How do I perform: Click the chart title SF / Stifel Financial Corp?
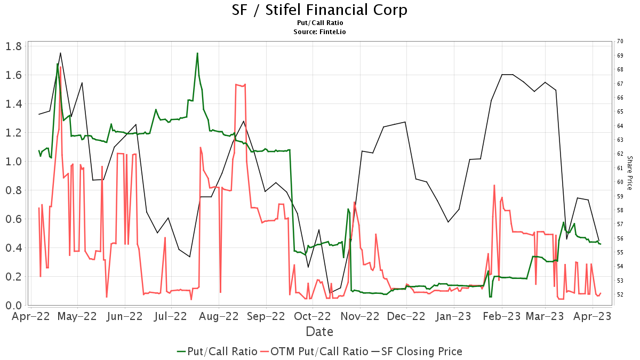coord(319,10)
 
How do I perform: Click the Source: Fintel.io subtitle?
coord(319,31)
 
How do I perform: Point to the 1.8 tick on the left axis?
coord(13,46)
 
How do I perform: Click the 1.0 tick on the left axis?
coord(13,162)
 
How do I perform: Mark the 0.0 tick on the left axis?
coord(13,305)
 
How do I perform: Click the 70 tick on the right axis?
coord(620,41)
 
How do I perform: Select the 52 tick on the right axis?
coord(620,294)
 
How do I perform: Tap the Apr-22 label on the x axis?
coord(30,316)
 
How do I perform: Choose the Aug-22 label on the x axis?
coord(219,316)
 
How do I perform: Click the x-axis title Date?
coord(319,332)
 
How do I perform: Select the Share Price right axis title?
coord(629,173)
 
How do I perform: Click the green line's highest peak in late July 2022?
coord(197,53)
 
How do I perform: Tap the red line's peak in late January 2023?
coord(494,185)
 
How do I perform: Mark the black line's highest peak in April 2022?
coord(60,53)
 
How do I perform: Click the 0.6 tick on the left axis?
coord(13,219)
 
